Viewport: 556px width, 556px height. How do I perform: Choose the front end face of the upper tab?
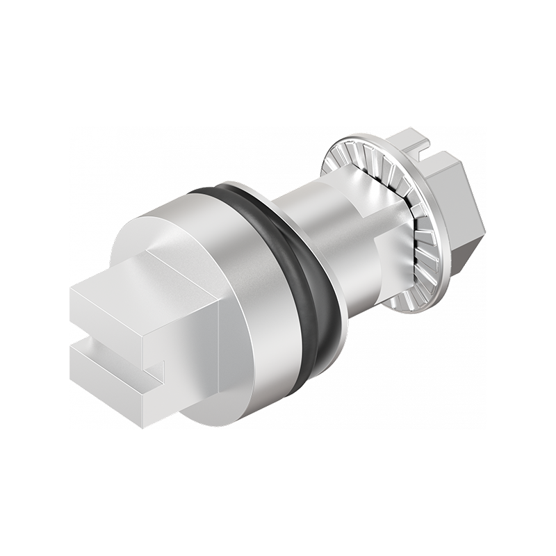pos(104,313)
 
